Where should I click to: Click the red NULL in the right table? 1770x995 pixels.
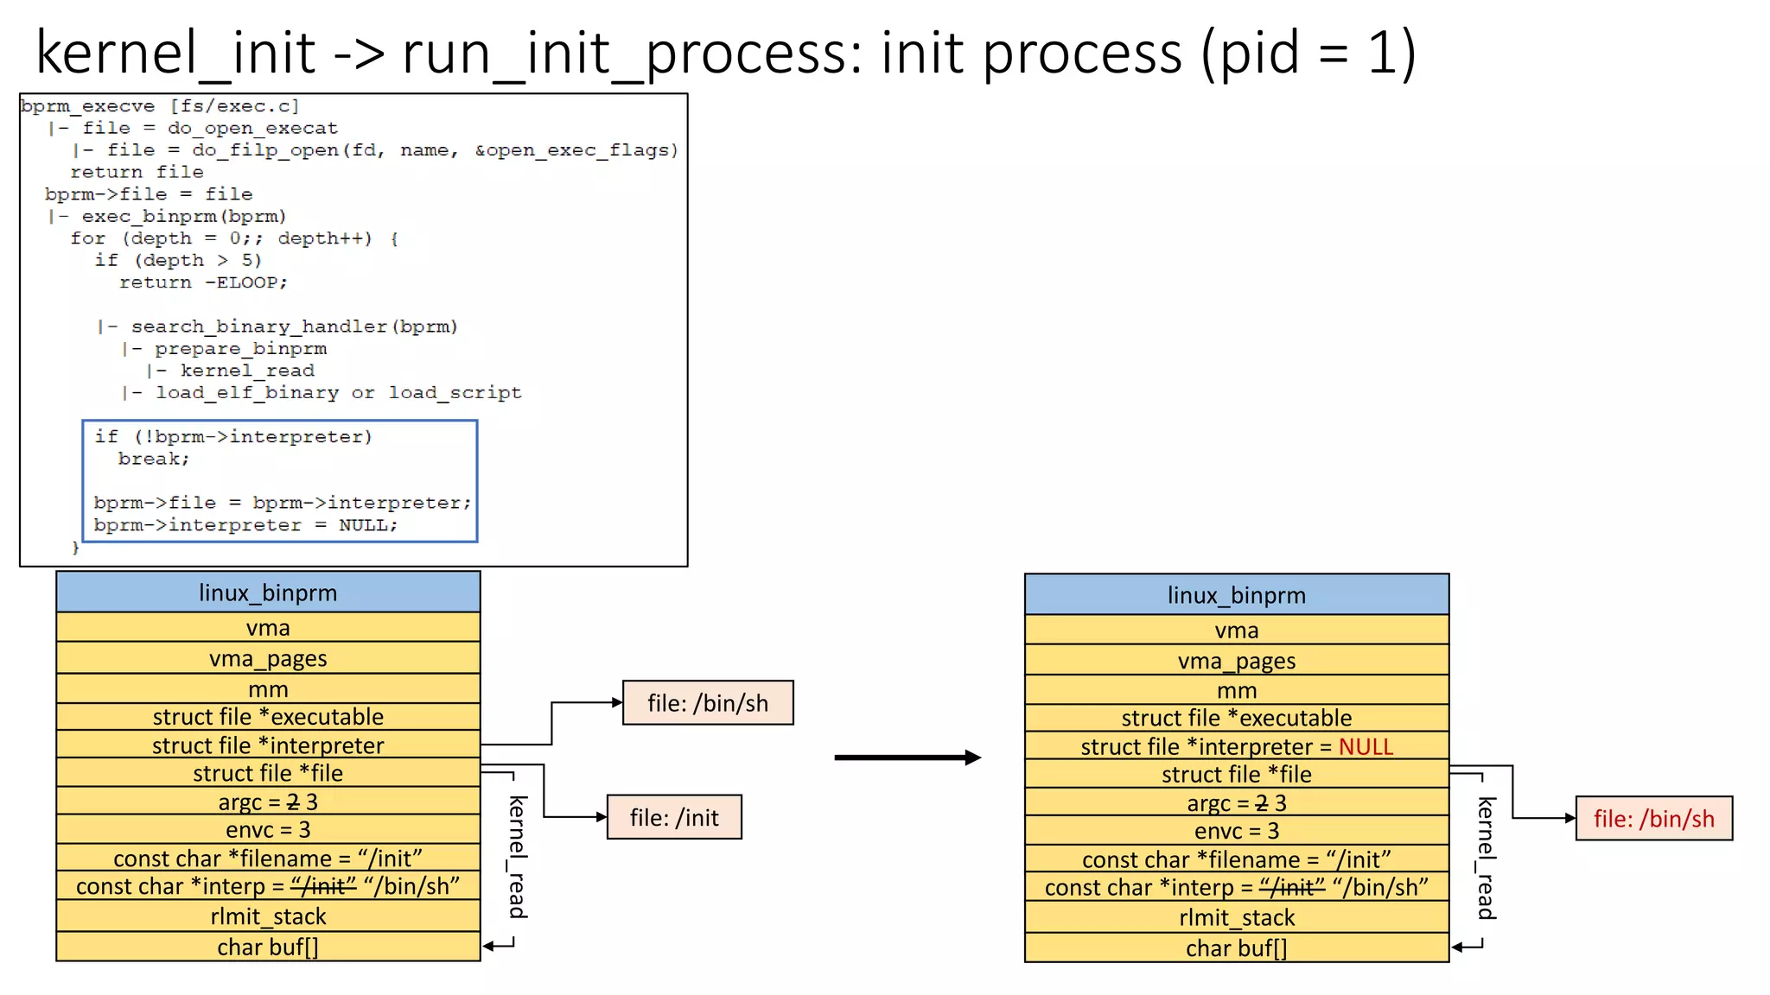click(x=1366, y=746)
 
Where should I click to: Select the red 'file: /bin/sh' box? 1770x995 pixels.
click(x=1653, y=818)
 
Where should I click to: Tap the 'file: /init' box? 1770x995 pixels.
click(x=674, y=817)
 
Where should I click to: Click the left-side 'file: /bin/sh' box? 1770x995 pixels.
click(x=708, y=703)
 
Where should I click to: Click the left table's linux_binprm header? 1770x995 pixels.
click(x=268, y=593)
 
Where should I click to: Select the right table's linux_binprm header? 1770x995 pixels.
click(x=1236, y=595)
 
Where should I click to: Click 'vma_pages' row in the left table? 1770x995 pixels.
click(x=268, y=658)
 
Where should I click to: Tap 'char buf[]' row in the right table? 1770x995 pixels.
click(x=1236, y=948)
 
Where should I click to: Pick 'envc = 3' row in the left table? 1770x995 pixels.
click(x=268, y=830)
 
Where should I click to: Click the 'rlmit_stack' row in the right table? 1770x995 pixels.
click(x=1236, y=917)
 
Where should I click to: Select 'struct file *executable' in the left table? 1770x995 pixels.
click(x=268, y=717)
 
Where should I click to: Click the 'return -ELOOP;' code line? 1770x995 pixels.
click(x=203, y=282)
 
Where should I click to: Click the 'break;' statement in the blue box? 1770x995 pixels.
click(x=154, y=459)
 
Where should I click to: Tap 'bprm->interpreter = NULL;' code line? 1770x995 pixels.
click(x=245, y=525)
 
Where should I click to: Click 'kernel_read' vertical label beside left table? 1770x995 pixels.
click(x=517, y=857)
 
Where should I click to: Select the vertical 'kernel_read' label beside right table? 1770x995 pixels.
click(x=1486, y=858)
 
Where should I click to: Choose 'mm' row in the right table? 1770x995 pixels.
click(x=1236, y=691)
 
